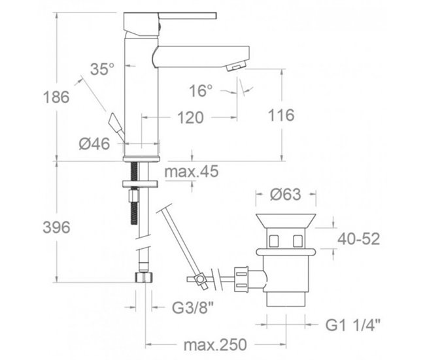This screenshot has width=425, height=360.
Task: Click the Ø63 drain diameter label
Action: click(x=284, y=195)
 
